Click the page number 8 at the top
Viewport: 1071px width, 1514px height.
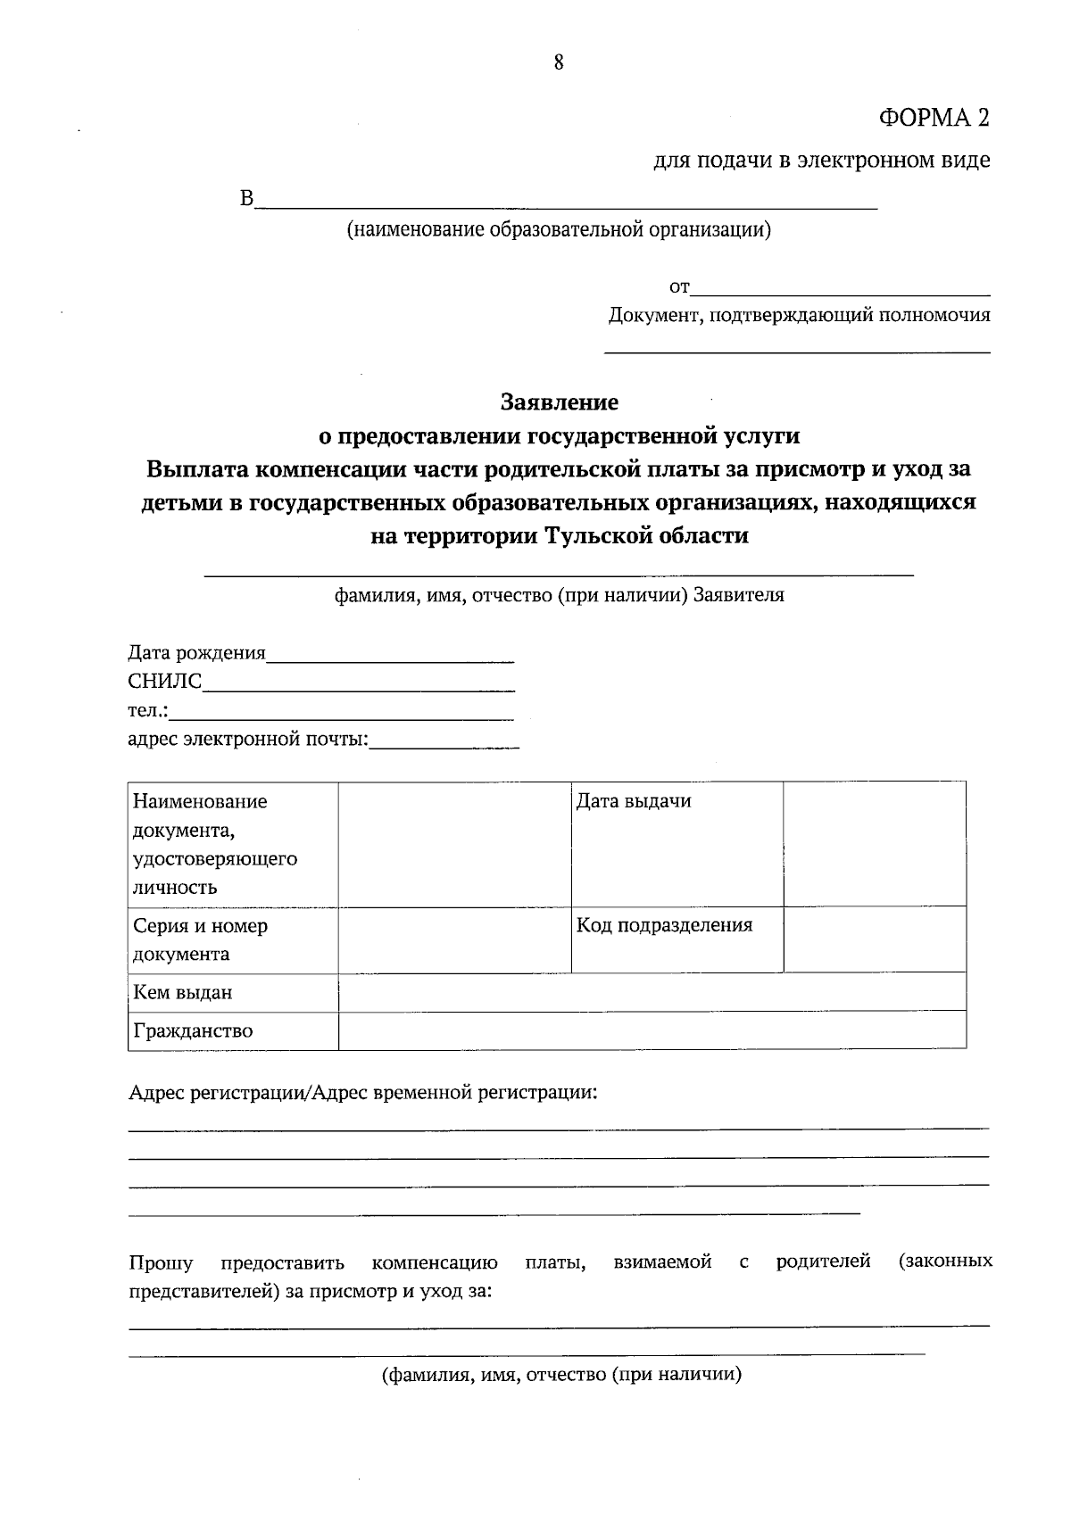[559, 62]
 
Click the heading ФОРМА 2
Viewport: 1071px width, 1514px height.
[934, 118]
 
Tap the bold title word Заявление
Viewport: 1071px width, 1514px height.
[560, 402]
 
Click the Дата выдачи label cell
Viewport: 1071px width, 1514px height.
[677, 844]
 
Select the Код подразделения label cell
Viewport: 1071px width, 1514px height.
[677, 939]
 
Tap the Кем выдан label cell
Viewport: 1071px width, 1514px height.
[233, 992]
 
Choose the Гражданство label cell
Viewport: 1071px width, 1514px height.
[233, 1030]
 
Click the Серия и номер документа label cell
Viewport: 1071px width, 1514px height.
[233, 939]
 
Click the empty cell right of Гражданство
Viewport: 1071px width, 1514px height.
[652, 1030]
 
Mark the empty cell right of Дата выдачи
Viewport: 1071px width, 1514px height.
[875, 844]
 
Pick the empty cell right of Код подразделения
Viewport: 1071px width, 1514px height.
[875, 939]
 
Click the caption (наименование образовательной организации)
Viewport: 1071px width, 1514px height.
[560, 230]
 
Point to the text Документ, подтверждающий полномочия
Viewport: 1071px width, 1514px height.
[799, 315]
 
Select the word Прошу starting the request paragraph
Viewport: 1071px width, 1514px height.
[161, 1262]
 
